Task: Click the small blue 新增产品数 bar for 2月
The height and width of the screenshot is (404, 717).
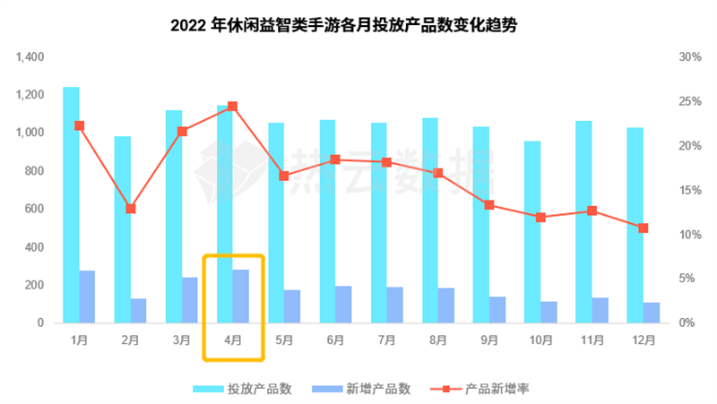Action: coord(138,311)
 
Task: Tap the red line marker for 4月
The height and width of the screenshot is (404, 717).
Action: coord(233,107)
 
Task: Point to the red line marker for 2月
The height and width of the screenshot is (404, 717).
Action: coord(131,209)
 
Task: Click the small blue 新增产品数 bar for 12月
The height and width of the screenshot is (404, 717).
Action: coord(652,313)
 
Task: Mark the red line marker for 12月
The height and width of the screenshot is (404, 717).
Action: coord(644,228)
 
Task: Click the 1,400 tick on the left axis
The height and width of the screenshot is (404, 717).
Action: coord(30,57)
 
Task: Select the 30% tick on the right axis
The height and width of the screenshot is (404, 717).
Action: coord(689,57)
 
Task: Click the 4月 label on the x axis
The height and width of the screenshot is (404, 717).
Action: coord(233,340)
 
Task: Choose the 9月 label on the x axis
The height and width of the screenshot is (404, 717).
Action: coord(489,340)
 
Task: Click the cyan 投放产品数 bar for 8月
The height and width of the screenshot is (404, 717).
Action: coord(430,219)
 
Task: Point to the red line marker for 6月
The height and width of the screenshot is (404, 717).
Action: coord(335,159)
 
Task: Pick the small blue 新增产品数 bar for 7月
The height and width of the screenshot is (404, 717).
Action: coord(395,305)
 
